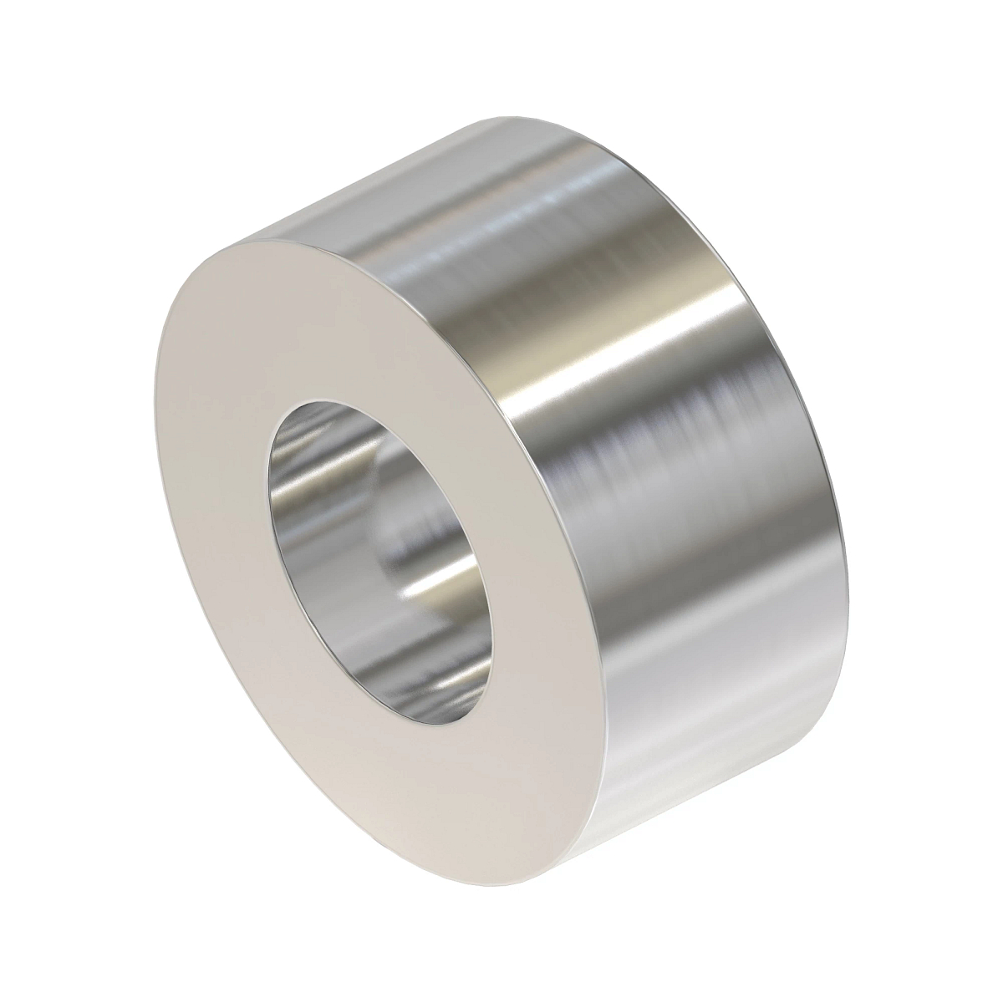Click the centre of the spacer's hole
point(380,556)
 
